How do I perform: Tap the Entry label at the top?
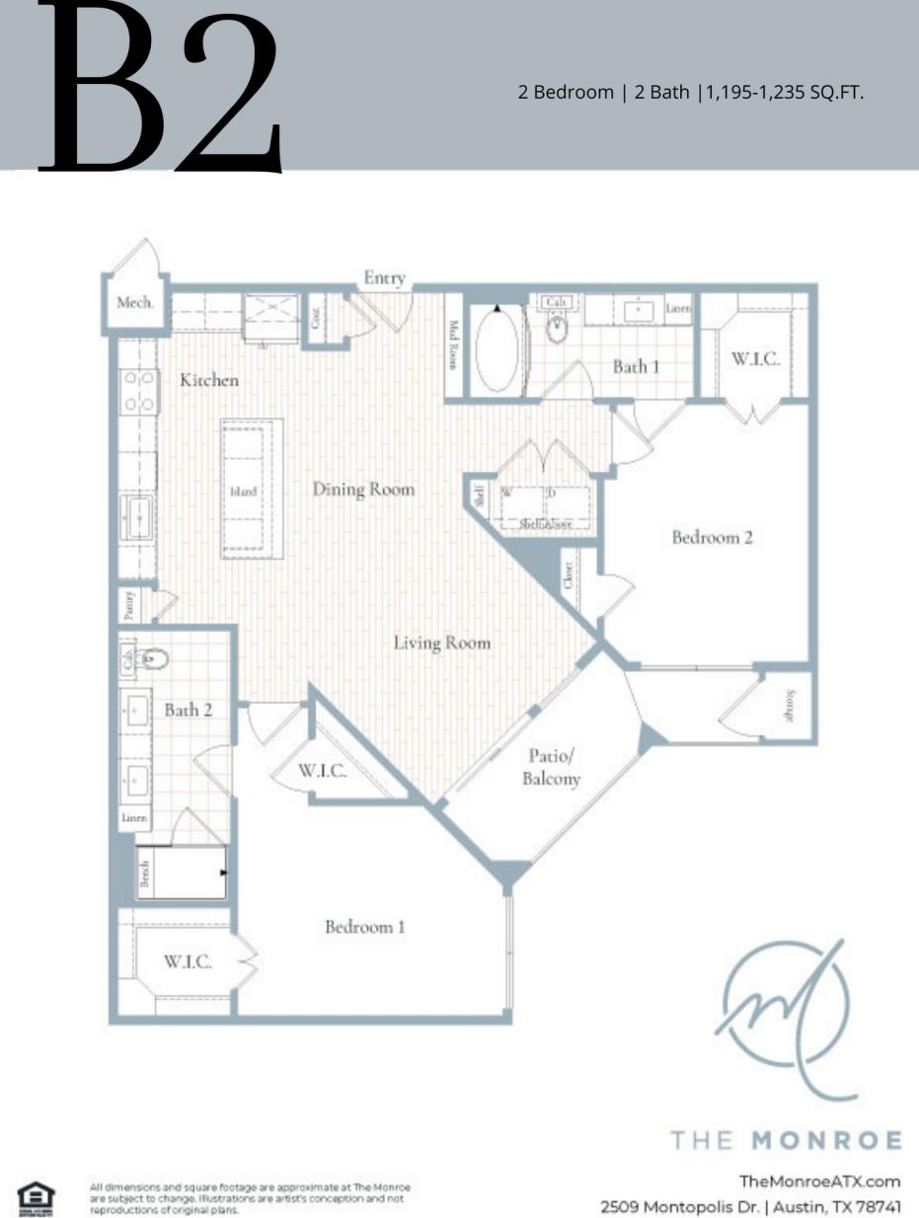pyautogui.click(x=384, y=278)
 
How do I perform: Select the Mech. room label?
pyautogui.click(x=135, y=303)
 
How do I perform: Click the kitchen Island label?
pyautogui.click(x=244, y=491)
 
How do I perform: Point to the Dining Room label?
pyautogui.click(x=363, y=490)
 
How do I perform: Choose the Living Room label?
pyautogui.click(x=441, y=643)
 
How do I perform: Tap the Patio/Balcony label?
pyautogui.click(x=553, y=767)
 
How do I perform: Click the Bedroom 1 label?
pyautogui.click(x=365, y=927)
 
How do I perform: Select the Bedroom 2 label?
pyautogui.click(x=712, y=538)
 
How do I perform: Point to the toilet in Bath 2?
pyautogui.click(x=155, y=658)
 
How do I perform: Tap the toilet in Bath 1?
pyautogui.click(x=558, y=329)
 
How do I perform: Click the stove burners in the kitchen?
pyautogui.click(x=139, y=390)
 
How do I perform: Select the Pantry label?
pyautogui.click(x=130, y=604)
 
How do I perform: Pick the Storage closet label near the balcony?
pyautogui.click(x=790, y=705)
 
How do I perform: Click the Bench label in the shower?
pyautogui.click(x=144, y=874)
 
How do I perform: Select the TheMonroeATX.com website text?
pyautogui.click(x=819, y=1181)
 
